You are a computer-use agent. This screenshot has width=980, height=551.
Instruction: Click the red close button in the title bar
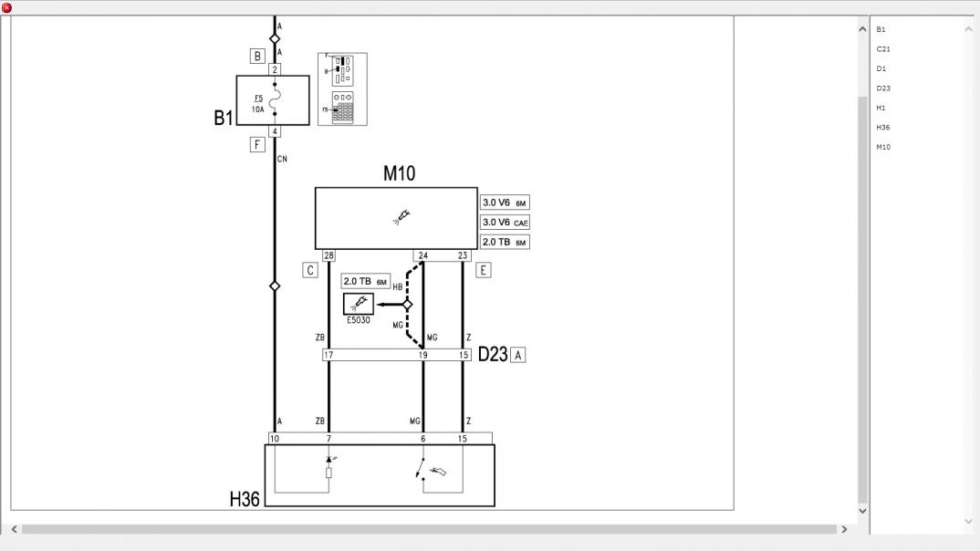(6, 7)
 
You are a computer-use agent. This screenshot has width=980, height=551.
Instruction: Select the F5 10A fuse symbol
(275, 99)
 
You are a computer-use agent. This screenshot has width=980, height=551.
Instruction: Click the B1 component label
(224, 118)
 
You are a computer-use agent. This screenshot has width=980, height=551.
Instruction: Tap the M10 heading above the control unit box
(399, 173)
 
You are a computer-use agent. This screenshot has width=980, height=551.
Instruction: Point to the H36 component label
(245, 499)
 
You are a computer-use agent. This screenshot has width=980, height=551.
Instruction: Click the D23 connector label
(493, 354)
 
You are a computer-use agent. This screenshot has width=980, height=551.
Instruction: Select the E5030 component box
(359, 304)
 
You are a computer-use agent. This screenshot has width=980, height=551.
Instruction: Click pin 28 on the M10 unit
(328, 255)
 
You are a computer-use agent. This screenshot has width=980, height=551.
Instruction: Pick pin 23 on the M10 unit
(463, 255)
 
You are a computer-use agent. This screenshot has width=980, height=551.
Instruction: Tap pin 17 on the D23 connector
(328, 355)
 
